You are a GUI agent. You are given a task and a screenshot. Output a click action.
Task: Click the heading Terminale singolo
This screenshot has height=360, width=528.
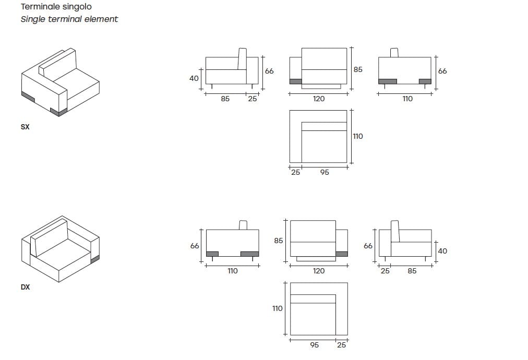point(56,7)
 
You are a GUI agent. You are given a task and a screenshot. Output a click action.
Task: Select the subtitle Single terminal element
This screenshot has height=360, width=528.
point(69,19)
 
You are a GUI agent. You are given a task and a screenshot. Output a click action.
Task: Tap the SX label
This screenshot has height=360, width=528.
point(25,127)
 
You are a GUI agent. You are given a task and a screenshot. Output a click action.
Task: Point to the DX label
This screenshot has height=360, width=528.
point(25,287)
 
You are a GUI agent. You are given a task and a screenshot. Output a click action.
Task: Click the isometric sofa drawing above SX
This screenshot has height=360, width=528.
point(60,83)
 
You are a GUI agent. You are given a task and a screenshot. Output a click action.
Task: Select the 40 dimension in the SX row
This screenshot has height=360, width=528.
point(194,79)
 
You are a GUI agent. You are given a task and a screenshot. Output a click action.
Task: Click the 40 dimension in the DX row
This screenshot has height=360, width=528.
point(442,251)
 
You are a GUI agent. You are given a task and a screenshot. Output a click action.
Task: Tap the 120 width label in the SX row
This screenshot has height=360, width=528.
point(318,99)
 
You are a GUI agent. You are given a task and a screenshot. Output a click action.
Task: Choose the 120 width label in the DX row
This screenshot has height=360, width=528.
point(318,271)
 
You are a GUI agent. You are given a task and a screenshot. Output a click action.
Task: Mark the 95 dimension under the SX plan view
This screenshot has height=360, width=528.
point(325,172)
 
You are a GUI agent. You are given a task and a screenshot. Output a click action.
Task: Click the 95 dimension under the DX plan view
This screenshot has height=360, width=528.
point(314,345)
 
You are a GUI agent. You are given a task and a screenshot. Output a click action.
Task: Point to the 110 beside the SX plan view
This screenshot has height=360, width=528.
point(357,136)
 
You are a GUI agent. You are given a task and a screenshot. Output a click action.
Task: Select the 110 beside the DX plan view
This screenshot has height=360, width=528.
point(278,308)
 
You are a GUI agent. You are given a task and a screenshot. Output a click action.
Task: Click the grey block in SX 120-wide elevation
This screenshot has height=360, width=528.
point(295,81)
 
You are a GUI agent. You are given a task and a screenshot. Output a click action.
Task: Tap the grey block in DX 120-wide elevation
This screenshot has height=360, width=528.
point(342,254)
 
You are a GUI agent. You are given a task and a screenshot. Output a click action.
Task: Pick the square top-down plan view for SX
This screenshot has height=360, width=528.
point(318,136)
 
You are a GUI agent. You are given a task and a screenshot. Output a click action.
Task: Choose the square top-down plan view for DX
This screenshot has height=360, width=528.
point(319,308)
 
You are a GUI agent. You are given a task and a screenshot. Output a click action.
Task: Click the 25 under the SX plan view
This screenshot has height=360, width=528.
point(295,172)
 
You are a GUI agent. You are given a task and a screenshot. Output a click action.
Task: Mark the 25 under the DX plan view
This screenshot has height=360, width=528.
point(342,345)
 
